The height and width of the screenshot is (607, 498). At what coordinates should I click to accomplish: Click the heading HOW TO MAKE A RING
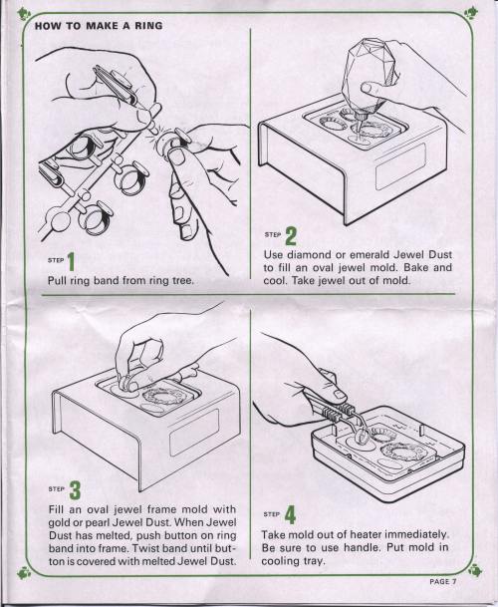point(99,26)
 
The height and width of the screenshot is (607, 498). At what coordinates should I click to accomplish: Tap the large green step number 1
point(71,262)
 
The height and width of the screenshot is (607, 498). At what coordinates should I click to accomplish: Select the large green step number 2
point(291,236)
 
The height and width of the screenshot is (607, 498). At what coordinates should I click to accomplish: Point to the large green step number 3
point(75,490)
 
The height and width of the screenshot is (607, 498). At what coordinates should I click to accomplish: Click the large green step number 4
point(290,515)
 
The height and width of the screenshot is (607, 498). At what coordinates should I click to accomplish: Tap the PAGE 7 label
point(443,581)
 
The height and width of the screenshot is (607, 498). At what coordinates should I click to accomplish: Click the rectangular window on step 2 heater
point(400,166)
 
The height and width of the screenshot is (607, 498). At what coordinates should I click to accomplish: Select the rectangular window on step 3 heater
point(194,432)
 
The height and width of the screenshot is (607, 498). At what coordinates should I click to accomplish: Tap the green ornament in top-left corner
point(24,14)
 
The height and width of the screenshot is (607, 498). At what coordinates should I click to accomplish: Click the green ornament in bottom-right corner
point(475,570)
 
